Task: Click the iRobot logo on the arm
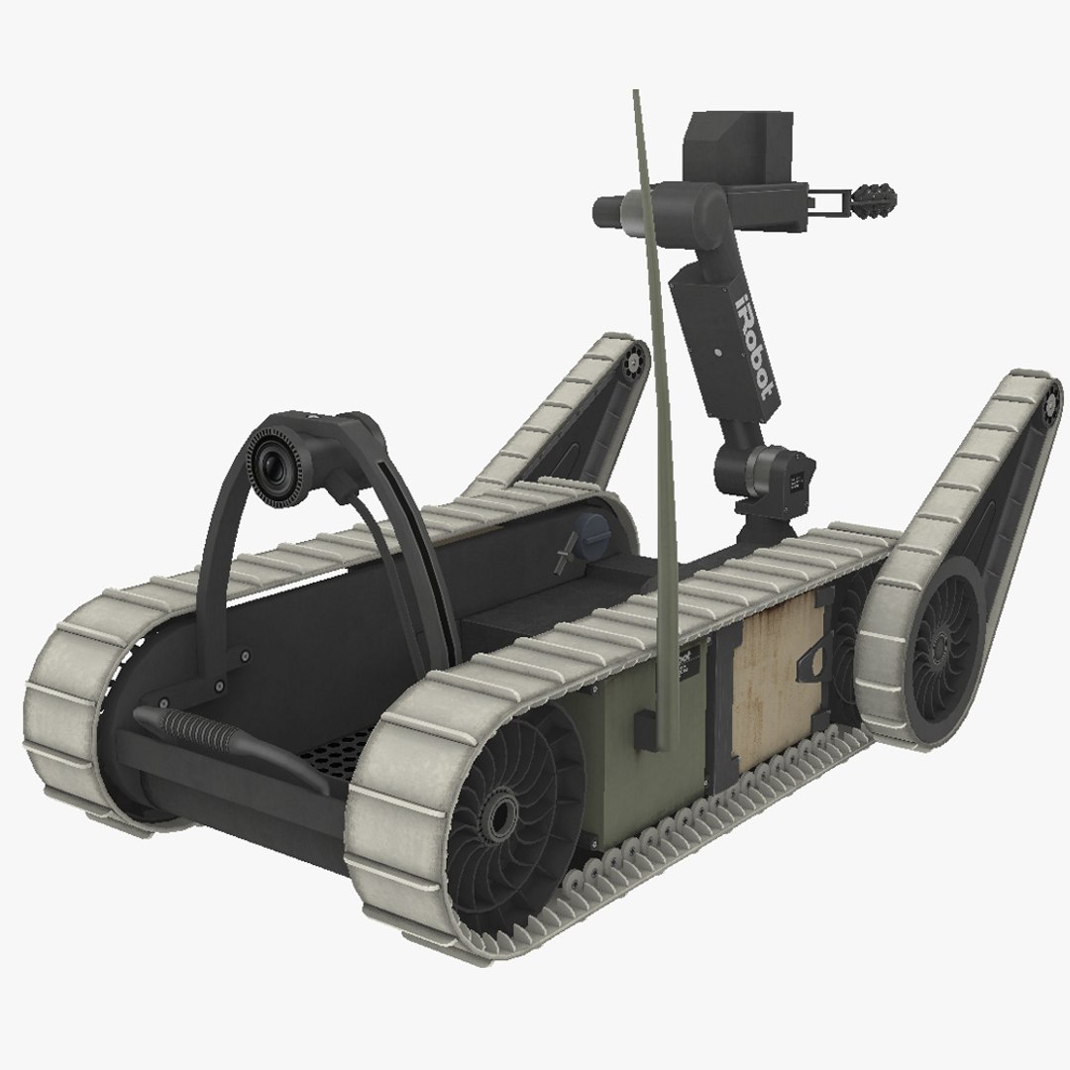[753, 342]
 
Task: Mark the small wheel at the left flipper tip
[630, 367]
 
